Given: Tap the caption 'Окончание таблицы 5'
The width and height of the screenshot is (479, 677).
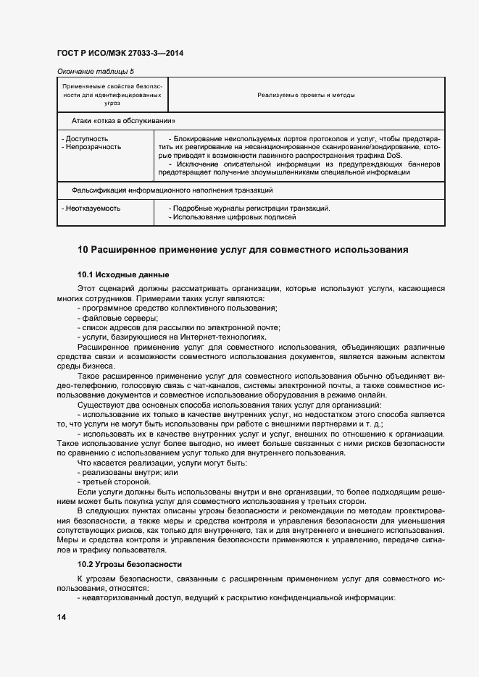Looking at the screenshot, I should [x=95, y=71].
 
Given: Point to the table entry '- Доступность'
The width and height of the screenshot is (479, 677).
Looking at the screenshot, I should [x=86, y=138].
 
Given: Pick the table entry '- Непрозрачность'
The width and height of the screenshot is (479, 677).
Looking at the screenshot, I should [x=92, y=147].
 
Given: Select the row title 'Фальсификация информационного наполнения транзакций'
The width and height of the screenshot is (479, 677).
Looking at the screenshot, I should [x=172, y=190].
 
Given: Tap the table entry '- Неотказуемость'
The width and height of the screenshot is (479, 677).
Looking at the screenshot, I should [x=91, y=209].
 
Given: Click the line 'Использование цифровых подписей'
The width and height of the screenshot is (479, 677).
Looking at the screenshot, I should [x=234, y=217].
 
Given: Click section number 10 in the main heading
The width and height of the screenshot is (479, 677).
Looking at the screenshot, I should [x=83, y=250].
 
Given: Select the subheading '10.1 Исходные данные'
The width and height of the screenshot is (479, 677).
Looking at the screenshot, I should [x=123, y=274].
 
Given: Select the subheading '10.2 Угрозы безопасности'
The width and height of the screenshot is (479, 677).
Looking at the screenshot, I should [x=129, y=563].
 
